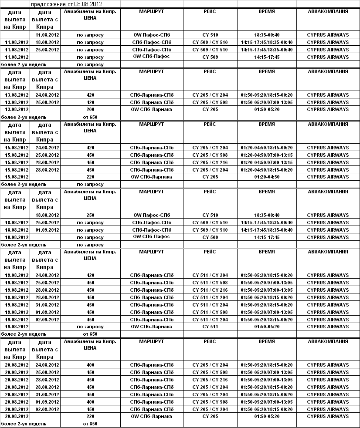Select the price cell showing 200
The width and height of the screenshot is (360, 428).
[x=90, y=110]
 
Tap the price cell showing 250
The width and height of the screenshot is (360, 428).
[x=90, y=215]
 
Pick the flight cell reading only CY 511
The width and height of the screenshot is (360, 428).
[x=210, y=327]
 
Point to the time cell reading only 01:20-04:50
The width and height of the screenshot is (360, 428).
[x=266, y=177]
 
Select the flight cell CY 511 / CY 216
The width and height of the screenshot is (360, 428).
[x=210, y=290]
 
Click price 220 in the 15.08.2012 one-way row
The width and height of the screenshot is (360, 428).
[x=90, y=177]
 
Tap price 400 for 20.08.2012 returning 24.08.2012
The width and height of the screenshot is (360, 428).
[x=90, y=365]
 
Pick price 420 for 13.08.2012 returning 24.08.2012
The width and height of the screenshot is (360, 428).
[x=90, y=95]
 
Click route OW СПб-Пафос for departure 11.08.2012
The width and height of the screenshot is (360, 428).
[x=151, y=57]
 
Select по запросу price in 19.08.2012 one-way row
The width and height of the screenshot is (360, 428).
[x=90, y=327]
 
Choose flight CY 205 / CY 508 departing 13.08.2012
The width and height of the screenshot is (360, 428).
[x=210, y=102]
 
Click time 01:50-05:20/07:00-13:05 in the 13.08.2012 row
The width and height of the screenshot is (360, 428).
[x=266, y=102]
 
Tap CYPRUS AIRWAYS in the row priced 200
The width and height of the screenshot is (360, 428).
[x=328, y=110]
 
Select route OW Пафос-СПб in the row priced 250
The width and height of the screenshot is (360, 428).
[x=151, y=215]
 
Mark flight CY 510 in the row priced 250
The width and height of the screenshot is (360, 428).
[x=210, y=215]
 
